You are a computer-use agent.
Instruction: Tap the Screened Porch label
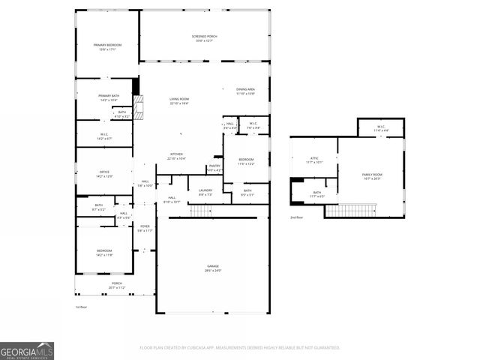click(x=204, y=37)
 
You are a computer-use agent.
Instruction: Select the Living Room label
click(x=178, y=100)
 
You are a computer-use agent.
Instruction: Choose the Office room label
click(x=105, y=173)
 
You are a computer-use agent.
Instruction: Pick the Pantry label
click(x=214, y=167)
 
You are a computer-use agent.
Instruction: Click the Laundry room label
click(x=205, y=191)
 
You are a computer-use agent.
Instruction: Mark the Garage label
click(x=213, y=268)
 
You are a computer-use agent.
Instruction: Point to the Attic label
click(x=315, y=159)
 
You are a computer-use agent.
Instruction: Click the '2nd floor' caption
click(x=298, y=217)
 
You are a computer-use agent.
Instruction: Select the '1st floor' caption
click(x=81, y=307)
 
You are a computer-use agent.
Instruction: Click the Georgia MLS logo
click(x=27, y=350)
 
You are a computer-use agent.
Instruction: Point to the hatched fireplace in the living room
click(x=136, y=109)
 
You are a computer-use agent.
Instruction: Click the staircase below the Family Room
click(x=350, y=211)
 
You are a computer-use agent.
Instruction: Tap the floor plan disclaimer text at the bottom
click(x=240, y=347)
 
